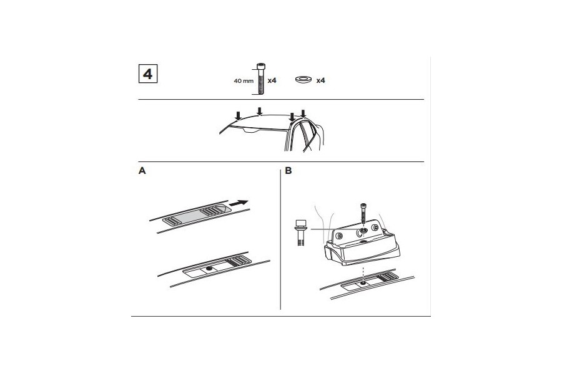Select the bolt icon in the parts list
(259, 79)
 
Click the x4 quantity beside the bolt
(272, 81)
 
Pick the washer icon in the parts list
(305, 80)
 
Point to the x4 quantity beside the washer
(321, 81)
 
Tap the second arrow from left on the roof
(259, 112)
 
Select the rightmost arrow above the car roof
(303, 113)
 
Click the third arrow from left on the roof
(292, 117)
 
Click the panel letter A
(142, 170)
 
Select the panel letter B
(288, 170)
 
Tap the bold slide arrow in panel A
(239, 203)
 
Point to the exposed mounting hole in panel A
(208, 269)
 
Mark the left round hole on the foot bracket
(341, 236)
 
